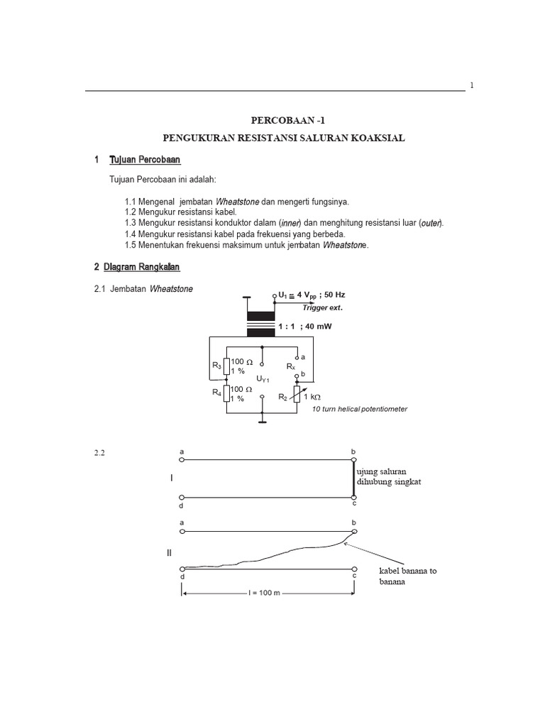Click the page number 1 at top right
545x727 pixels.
tap(471, 85)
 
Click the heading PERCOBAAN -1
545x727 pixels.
tap(272, 120)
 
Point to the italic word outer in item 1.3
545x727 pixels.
tap(430, 223)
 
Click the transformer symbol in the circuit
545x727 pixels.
tap(260, 324)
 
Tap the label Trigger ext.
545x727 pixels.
tap(322, 307)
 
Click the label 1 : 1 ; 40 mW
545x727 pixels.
tap(306, 327)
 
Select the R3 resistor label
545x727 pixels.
tap(216, 366)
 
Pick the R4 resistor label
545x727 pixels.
tap(216, 392)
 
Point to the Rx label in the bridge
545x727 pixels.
tap(291, 366)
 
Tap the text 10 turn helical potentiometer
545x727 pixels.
tap(360, 410)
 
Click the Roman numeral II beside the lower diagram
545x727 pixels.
tap(170, 552)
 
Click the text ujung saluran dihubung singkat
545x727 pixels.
tap(395, 476)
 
